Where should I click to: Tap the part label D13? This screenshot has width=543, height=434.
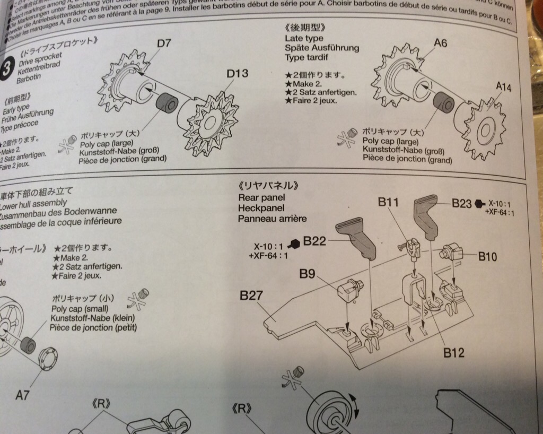[x=237, y=74]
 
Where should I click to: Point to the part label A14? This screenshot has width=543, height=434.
[x=504, y=87]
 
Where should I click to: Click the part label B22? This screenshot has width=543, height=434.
[x=314, y=242]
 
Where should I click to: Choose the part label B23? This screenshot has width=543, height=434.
[x=462, y=203]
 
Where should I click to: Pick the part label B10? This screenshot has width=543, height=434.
[x=487, y=257]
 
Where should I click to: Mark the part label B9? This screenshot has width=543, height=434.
[x=307, y=274]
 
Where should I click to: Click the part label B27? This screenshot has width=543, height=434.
[x=251, y=296]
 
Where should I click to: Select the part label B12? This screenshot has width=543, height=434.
[x=454, y=352]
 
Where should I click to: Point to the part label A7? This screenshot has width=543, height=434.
[x=22, y=395]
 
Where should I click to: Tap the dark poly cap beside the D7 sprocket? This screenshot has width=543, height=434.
[x=167, y=102]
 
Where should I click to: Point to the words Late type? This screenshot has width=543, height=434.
[x=304, y=38]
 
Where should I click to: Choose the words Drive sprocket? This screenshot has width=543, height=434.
[x=41, y=55]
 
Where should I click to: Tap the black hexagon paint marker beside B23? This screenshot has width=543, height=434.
[x=479, y=203]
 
